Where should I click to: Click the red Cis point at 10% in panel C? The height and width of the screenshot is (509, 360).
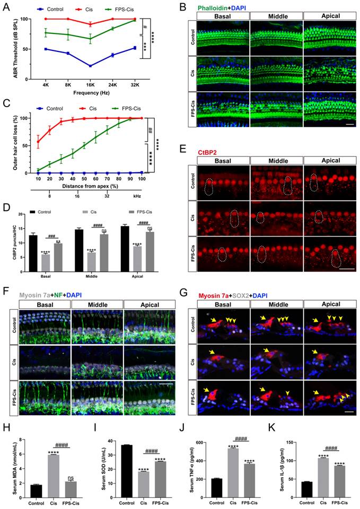[x=38, y=142]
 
